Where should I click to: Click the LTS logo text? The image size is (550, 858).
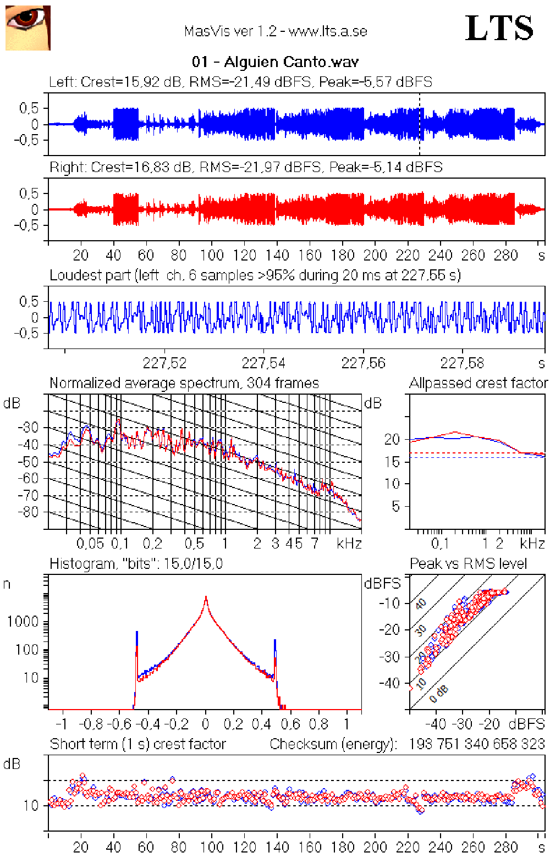499,28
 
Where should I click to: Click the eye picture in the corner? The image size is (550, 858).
28,28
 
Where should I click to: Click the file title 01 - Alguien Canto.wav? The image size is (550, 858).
275,62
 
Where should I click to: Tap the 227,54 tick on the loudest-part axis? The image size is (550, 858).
263,363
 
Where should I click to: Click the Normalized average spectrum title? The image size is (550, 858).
184,383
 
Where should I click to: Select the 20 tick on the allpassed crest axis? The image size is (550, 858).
392,439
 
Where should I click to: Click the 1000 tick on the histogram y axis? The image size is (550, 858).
23,622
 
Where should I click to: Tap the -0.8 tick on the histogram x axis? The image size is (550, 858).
92,724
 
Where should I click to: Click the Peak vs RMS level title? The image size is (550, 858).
469,563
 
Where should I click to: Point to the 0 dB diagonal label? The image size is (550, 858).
439,694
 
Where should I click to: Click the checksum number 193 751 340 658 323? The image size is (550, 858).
476,744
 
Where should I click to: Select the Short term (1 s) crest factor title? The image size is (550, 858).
138,744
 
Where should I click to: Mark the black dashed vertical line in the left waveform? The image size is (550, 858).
420,124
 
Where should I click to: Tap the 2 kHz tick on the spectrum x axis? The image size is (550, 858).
257,544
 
